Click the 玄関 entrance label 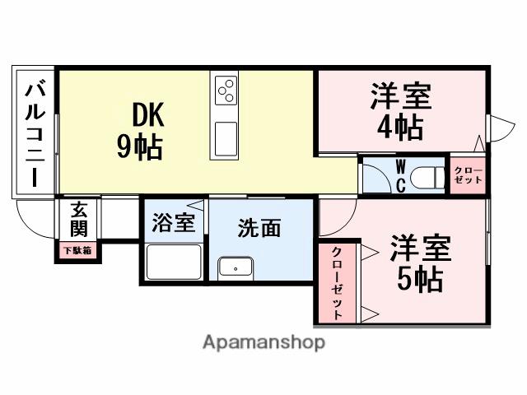[79, 218]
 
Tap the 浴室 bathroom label [174, 222]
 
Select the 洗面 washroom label [259, 228]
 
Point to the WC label [399, 175]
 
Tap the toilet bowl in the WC [425, 175]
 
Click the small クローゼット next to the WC [469, 175]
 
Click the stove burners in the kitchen [226, 91]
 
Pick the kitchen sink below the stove [225, 137]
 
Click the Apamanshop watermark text [263, 342]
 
